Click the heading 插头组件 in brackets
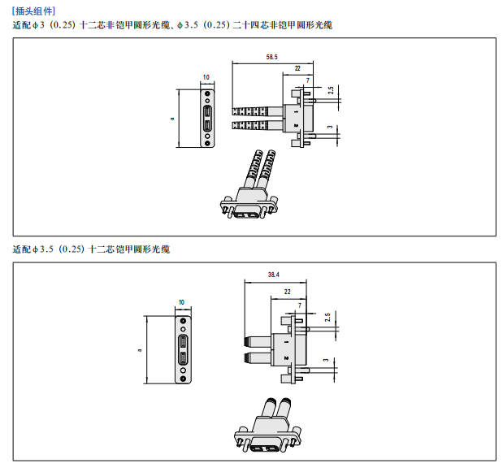pos(34,11)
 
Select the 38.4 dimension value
pos(275,275)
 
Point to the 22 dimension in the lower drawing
pos(288,290)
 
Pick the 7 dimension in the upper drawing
pos(307,80)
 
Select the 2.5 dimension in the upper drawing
pos(331,91)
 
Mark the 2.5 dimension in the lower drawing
pos(327,318)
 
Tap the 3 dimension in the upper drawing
pos(329,127)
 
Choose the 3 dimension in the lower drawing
pos(326,360)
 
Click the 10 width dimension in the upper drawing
pos(206,77)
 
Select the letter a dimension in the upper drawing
pos(172,119)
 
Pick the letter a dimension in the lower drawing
pos(140,349)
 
